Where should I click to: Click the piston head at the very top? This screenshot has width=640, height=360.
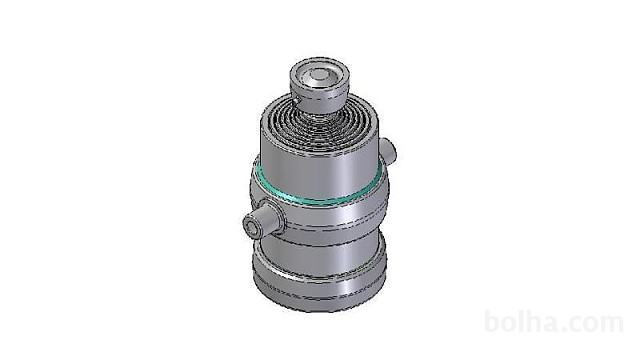[x=320, y=85]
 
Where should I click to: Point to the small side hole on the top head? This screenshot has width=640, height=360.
[x=294, y=100]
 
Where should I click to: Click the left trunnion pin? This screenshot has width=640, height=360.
[x=261, y=221]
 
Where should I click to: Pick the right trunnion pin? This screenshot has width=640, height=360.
[x=388, y=150]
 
